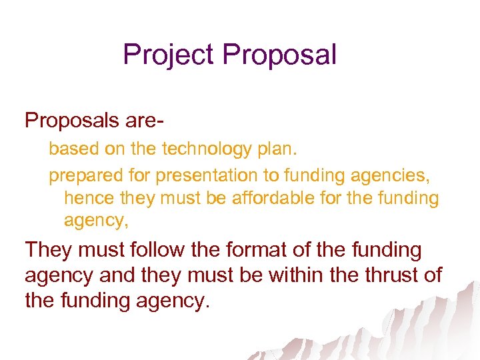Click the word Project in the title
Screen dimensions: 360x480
169,55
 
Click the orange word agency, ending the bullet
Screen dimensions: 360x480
96,221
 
